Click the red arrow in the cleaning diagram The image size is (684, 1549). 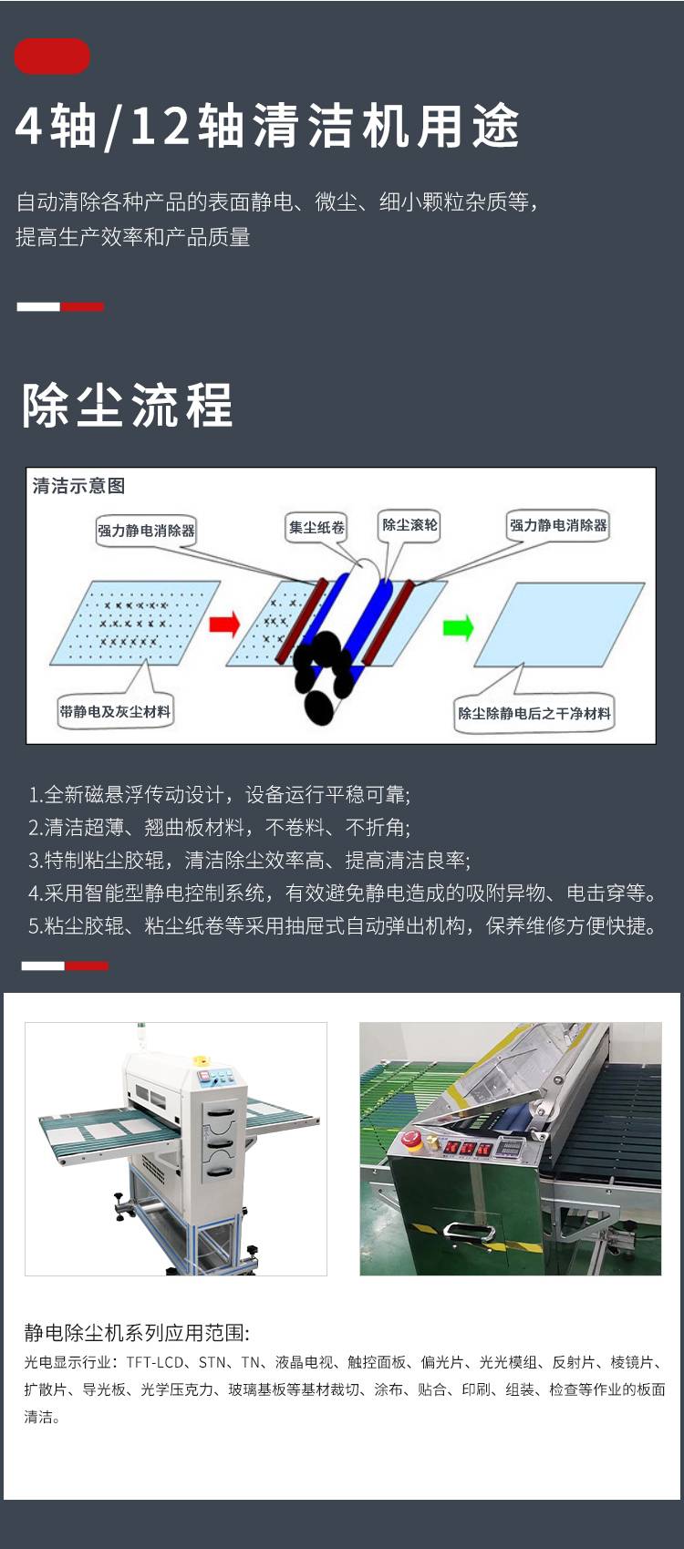click(x=224, y=624)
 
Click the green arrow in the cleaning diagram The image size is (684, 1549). click(x=458, y=627)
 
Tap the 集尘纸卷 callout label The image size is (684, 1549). click(x=316, y=528)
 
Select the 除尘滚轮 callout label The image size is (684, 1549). click(x=409, y=525)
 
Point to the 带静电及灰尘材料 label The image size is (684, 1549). click(x=115, y=711)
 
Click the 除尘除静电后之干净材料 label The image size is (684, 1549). click(x=534, y=713)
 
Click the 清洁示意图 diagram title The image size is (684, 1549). click(x=78, y=485)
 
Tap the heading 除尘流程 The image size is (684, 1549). click(x=128, y=405)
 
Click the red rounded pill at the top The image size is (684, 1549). click(x=53, y=56)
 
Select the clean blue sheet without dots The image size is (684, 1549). click(x=559, y=624)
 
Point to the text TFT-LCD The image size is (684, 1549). click(x=155, y=1362)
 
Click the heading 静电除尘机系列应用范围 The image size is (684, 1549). click(x=136, y=1333)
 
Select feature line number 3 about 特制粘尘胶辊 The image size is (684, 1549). click(x=249, y=861)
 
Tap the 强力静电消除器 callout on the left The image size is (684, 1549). click(x=146, y=531)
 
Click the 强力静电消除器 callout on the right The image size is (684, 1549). click(x=558, y=525)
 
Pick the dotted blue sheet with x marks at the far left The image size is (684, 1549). click(x=135, y=623)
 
